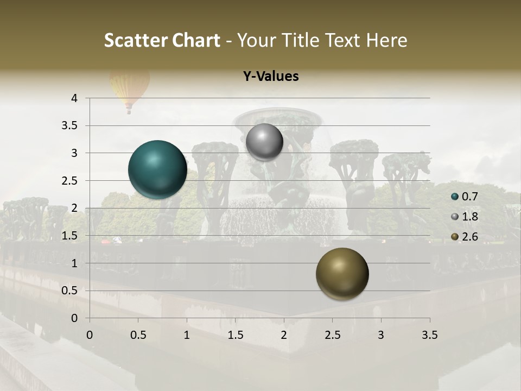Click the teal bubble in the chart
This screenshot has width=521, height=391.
[158, 169]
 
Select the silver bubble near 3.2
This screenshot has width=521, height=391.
[264, 142]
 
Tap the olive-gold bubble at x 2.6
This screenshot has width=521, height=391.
[342, 274]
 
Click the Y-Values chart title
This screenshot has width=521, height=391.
[271, 77]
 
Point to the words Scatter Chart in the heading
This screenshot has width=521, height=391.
[162, 40]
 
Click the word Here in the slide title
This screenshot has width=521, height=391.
[386, 40]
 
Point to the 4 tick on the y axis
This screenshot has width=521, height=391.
[74, 98]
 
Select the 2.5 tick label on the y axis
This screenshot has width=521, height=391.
[70, 181]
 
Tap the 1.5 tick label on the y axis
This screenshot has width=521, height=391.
[70, 236]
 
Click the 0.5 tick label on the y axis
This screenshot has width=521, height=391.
[70, 291]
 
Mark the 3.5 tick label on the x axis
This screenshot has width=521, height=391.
[429, 336]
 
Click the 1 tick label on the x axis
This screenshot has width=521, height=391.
[187, 336]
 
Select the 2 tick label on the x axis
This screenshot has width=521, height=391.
[284, 336]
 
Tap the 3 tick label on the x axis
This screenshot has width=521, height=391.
[381, 336]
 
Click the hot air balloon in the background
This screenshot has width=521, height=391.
[128, 90]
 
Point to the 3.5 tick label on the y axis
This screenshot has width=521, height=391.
[70, 125]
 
